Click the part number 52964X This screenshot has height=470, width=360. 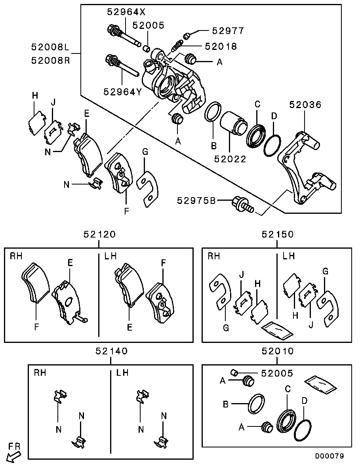[126, 12]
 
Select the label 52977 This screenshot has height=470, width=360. [228, 30]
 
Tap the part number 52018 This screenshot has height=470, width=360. [221, 46]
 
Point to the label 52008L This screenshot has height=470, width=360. [50, 47]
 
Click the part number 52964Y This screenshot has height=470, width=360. [123, 91]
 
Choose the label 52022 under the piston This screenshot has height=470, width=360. [230, 159]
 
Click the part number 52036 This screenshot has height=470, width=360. [305, 105]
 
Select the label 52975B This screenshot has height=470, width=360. [196, 200]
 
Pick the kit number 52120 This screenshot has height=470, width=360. [99, 234]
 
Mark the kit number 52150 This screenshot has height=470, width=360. [278, 234]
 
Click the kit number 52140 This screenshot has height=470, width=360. [112, 351]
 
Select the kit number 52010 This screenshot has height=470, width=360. [278, 351]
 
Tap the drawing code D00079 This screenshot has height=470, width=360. [329, 456]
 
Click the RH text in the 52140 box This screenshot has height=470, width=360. [40, 373]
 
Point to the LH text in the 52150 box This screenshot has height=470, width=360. [289, 256]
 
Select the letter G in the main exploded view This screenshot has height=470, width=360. [145, 152]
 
